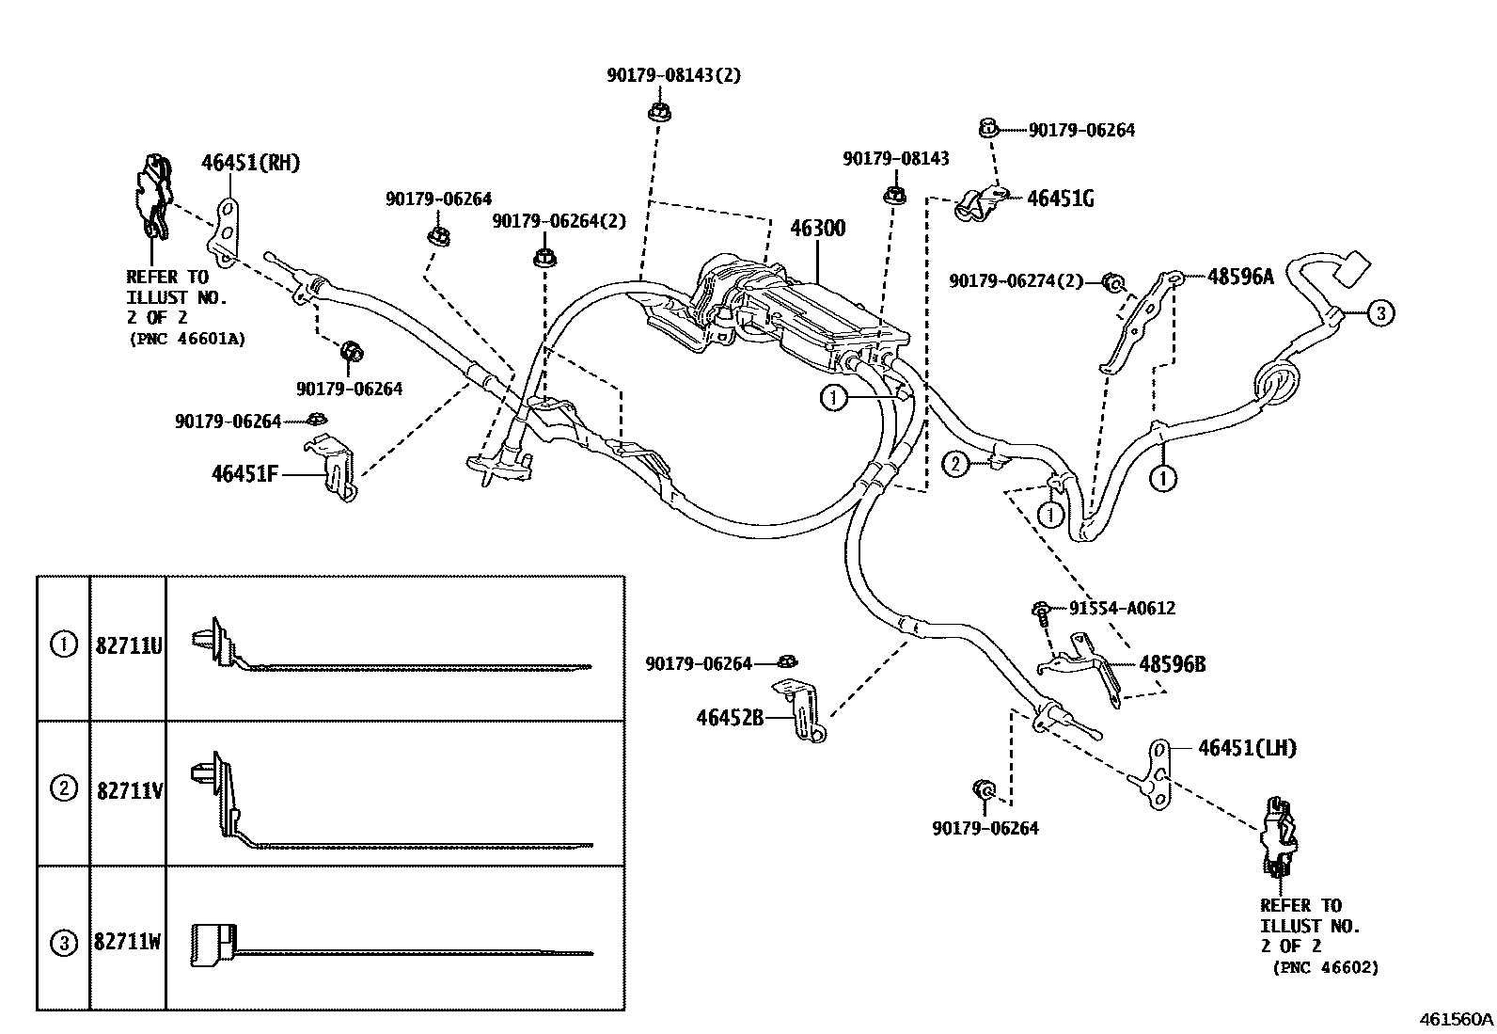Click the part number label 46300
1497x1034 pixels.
[x=817, y=229]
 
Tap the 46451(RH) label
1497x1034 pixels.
[x=250, y=163]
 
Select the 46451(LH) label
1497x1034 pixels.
[x=1247, y=748]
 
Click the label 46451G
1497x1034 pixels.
[x=1060, y=199]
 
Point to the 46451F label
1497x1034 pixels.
[x=244, y=473]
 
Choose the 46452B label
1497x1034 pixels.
[x=730, y=718]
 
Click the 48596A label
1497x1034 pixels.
[x=1240, y=277]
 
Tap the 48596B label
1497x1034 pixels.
[x=1172, y=664]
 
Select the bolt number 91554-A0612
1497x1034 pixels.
[x=1122, y=608]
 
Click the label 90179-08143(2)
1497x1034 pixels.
[x=673, y=75]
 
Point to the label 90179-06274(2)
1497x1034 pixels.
[x=1016, y=280]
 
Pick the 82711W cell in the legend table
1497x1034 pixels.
[x=129, y=941]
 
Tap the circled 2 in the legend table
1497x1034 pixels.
[x=63, y=788]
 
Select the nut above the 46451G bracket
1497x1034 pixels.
[x=987, y=126]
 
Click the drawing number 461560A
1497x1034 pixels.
[x=1456, y=1019]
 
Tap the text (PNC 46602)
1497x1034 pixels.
[x=1326, y=967]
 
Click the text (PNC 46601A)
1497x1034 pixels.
[x=187, y=339]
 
